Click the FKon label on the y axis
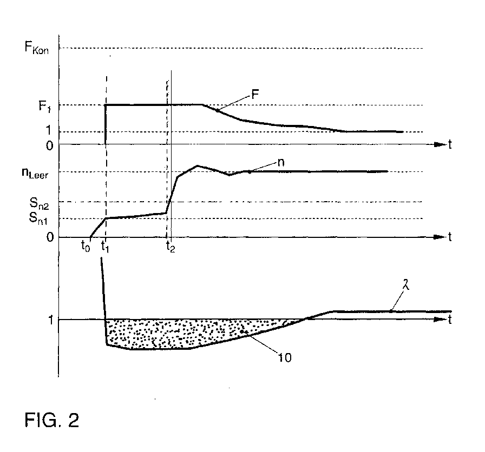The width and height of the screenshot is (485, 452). click(36, 48)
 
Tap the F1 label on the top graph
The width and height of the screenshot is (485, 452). click(44, 107)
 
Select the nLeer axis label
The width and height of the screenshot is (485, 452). click(35, 173)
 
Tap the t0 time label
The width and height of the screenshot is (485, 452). click(86, 247)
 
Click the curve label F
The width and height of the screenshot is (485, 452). click(255, 94)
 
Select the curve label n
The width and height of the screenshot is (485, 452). click(280, 162)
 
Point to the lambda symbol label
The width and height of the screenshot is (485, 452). click(407, 284)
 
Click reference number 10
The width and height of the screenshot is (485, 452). click(285, 357)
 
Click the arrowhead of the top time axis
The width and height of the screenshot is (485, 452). click(440, 144)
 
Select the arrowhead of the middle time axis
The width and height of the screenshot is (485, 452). click(440, 237)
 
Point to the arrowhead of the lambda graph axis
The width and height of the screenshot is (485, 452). click(440, 319)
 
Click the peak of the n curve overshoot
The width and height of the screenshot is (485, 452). click(197, 166)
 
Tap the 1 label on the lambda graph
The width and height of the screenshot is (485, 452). click(51, 320)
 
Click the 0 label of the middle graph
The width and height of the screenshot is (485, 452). click(50, 237)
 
